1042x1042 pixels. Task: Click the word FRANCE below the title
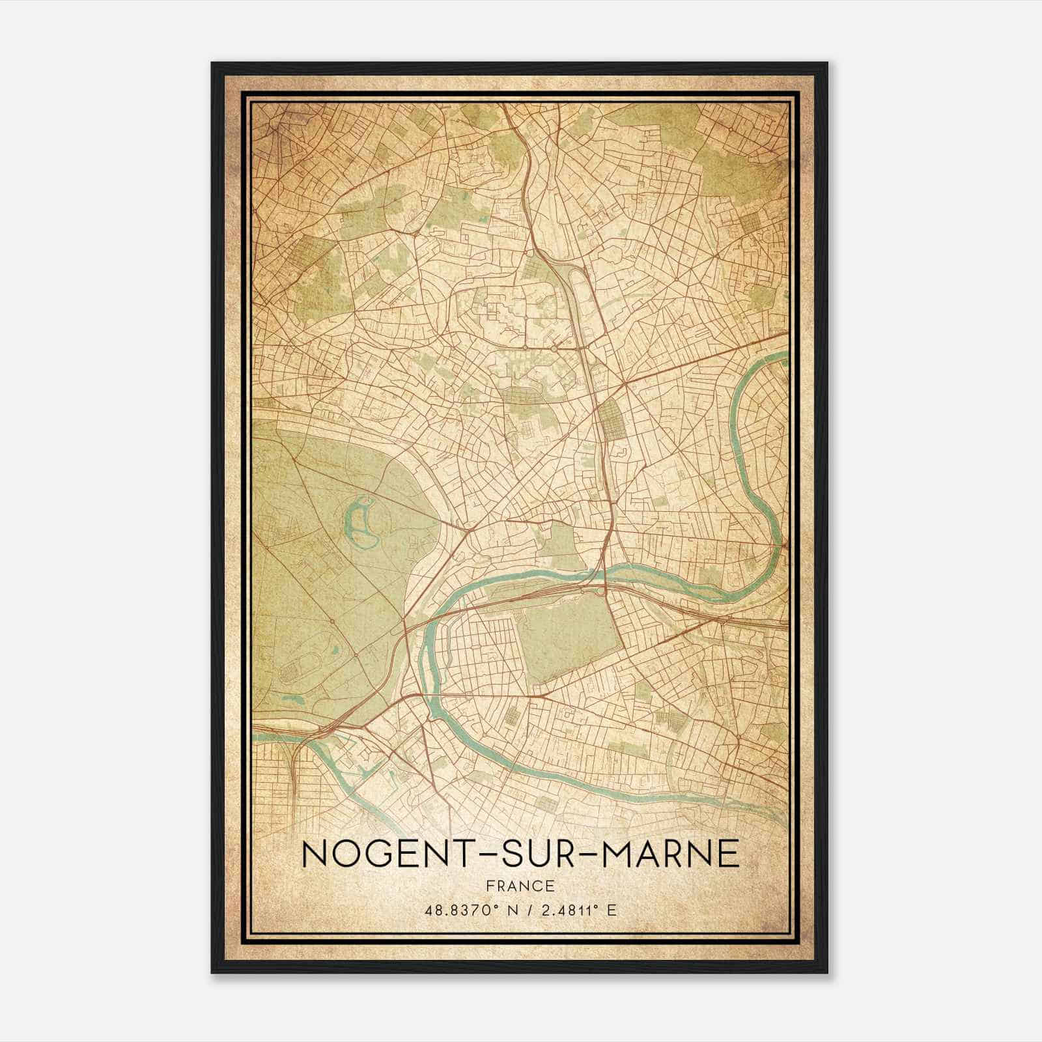(x=520, y=886)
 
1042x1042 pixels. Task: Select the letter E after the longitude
(x=610, y=910)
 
